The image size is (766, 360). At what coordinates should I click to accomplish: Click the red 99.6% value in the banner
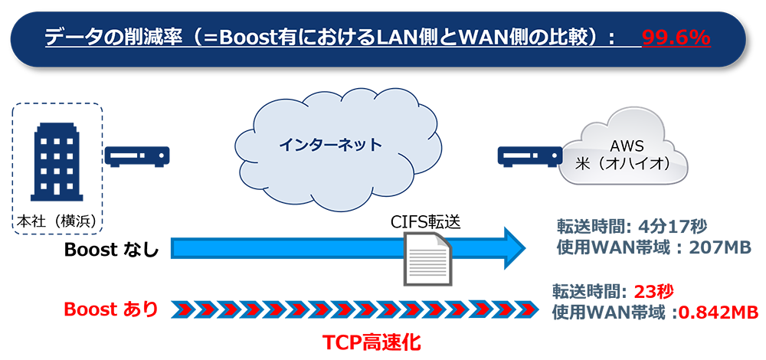[676, 38]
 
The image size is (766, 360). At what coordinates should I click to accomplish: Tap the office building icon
[56, 162]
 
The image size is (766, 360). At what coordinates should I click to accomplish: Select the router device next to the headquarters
[137, 156]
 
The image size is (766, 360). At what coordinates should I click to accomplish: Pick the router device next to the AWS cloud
[527, 156]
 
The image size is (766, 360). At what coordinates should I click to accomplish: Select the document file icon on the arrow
[426, 257]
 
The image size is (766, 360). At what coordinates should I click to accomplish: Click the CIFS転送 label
[426, 221]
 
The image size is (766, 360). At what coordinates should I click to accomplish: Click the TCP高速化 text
[370, 342]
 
